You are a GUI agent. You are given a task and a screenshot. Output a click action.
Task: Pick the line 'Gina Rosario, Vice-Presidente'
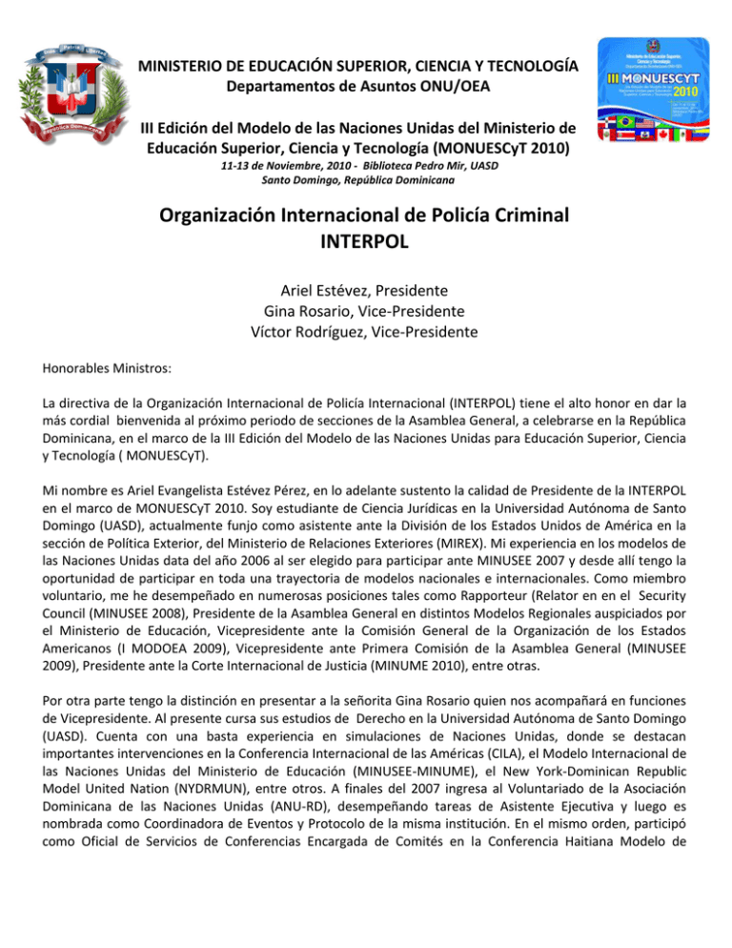[x=366, y=312]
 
